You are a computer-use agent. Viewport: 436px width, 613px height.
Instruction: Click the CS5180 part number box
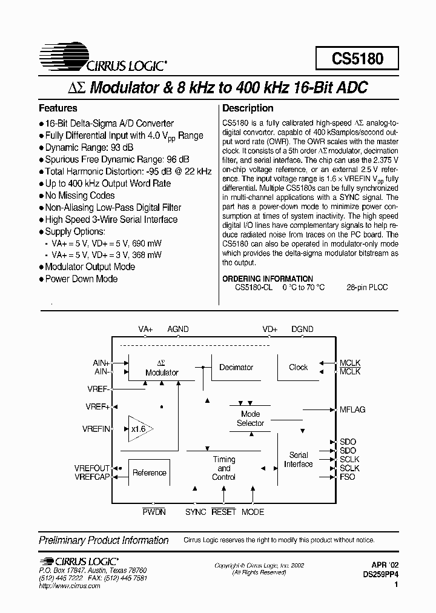click(x=357, y=58)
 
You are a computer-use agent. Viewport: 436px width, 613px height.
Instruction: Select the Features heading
click(x=58, y=108)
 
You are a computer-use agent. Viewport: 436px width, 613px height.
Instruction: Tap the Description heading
click(x=248, y=108)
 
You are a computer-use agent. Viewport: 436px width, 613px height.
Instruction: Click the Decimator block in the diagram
click(x=236, y=367)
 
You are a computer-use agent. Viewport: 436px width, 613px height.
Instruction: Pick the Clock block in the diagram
click(x=298, y=367)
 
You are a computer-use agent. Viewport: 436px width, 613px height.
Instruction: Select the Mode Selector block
click(x=250, y=419)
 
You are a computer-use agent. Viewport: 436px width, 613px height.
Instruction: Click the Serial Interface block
click(x=299, y=459)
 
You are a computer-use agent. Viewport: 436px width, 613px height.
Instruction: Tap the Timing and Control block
click(x=224, y=468)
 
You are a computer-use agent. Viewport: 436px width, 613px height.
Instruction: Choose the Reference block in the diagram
click(x=149, y=472)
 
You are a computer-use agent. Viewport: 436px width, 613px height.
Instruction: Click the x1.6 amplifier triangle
click(x=139, y=429)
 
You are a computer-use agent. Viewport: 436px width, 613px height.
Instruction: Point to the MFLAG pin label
click(x=352, y=409)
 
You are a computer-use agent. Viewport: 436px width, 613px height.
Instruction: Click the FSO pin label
click(x=348, y=477)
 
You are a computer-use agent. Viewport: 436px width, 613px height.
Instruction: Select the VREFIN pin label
click(x=96, y=429)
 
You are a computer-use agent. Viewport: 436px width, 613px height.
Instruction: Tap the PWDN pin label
click(x=154, y=512)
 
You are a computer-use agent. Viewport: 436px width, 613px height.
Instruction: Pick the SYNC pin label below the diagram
click(x=196, y=512)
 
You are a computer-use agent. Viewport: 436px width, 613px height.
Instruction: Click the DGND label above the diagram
click(x=302, y=329)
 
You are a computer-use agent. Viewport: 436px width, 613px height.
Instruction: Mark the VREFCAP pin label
click(x=92, y=477)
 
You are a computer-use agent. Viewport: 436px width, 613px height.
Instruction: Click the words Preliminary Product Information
click(x=104, y=540)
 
